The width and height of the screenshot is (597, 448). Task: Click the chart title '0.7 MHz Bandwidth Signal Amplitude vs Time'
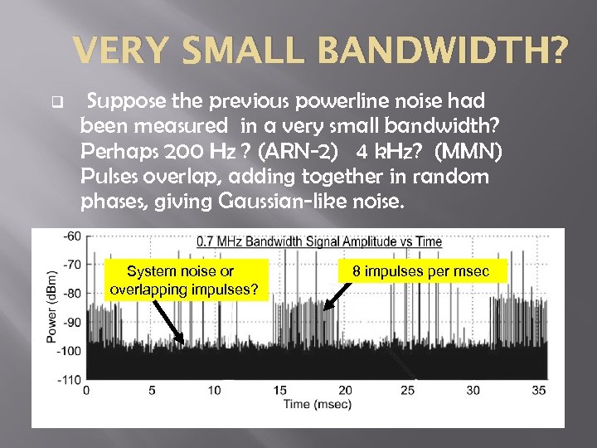(319, 241)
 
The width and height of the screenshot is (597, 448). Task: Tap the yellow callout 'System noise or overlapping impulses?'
(183, 280)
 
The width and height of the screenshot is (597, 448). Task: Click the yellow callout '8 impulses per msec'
(421, 271)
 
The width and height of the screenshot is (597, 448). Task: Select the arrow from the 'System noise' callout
(169, 320)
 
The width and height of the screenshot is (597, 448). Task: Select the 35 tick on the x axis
(538, 390)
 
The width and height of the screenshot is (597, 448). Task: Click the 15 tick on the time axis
(280, 390)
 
